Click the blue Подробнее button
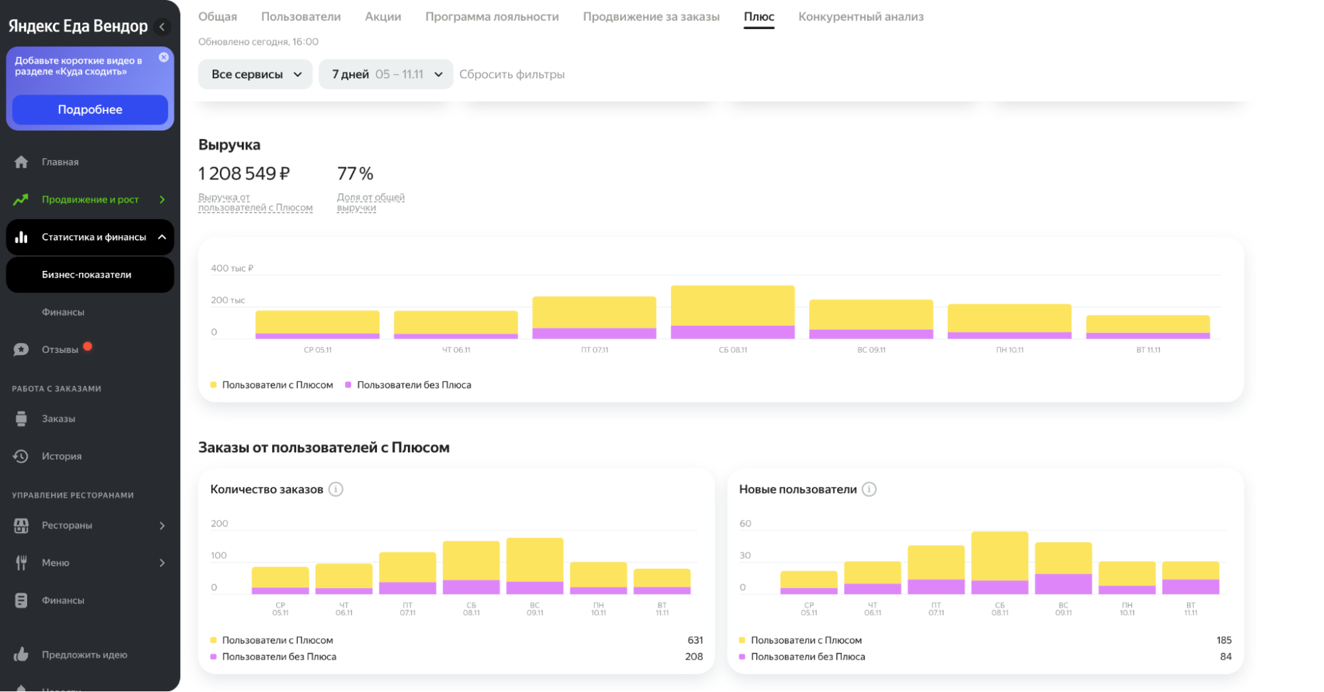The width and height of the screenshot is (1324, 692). click(90, 109)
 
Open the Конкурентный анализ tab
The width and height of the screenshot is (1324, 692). click(860, 17)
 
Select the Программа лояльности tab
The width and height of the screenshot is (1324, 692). click(492, 17)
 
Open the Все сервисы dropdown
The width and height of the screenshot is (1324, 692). click(255, 74)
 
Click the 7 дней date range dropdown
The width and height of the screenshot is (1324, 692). click(386, 74)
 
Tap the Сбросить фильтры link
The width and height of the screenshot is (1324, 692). click(512, 74)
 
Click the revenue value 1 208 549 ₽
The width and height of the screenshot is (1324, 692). click(244, 173)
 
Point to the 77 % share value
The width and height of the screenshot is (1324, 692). click(355, 173)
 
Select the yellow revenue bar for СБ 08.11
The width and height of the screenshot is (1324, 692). click(733, 306)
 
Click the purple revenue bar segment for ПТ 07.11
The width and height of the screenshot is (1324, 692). click(594, 333)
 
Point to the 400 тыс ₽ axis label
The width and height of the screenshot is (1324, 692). click(232, 268)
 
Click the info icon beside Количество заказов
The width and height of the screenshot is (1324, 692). click(336, 489)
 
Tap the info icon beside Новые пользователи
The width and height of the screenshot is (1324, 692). click(869, 489)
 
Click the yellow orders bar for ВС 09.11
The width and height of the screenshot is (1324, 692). click(535, 560)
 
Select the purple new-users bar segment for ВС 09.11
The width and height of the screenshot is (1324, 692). click(1063, 584)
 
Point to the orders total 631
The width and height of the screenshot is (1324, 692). click(695, 640)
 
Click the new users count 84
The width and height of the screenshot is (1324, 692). click(1225, 657)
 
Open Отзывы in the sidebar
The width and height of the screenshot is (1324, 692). click(60, 350)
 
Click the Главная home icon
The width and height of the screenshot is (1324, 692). click(21, 162)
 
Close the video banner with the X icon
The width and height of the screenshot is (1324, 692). click(164, 58)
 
